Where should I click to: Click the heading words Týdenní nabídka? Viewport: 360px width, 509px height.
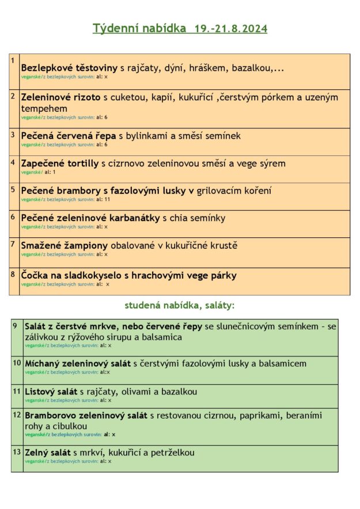(x=139, y=28)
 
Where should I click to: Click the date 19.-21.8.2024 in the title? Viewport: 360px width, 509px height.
(x=230, y=28)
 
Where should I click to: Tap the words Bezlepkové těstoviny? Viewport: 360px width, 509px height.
(x=69, y=68)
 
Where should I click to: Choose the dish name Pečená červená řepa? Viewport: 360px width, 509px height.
(x=69, y=136)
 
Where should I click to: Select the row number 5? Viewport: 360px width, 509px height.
(x=13, y=188)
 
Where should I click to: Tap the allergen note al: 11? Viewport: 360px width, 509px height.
(x=103, y=199)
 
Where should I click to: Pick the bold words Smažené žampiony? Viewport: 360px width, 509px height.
(x=65, y=245)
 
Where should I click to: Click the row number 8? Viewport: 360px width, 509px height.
(x=13, y=274)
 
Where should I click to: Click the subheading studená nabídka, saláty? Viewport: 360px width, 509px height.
(x=179, y=305)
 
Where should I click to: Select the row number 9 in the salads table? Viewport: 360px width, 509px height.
(x=15, y=326)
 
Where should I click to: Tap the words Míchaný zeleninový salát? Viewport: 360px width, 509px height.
(x=78, y=364)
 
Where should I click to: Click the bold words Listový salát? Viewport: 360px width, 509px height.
(x=51, y=392)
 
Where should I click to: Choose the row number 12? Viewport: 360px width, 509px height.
(x=17, y=414)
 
